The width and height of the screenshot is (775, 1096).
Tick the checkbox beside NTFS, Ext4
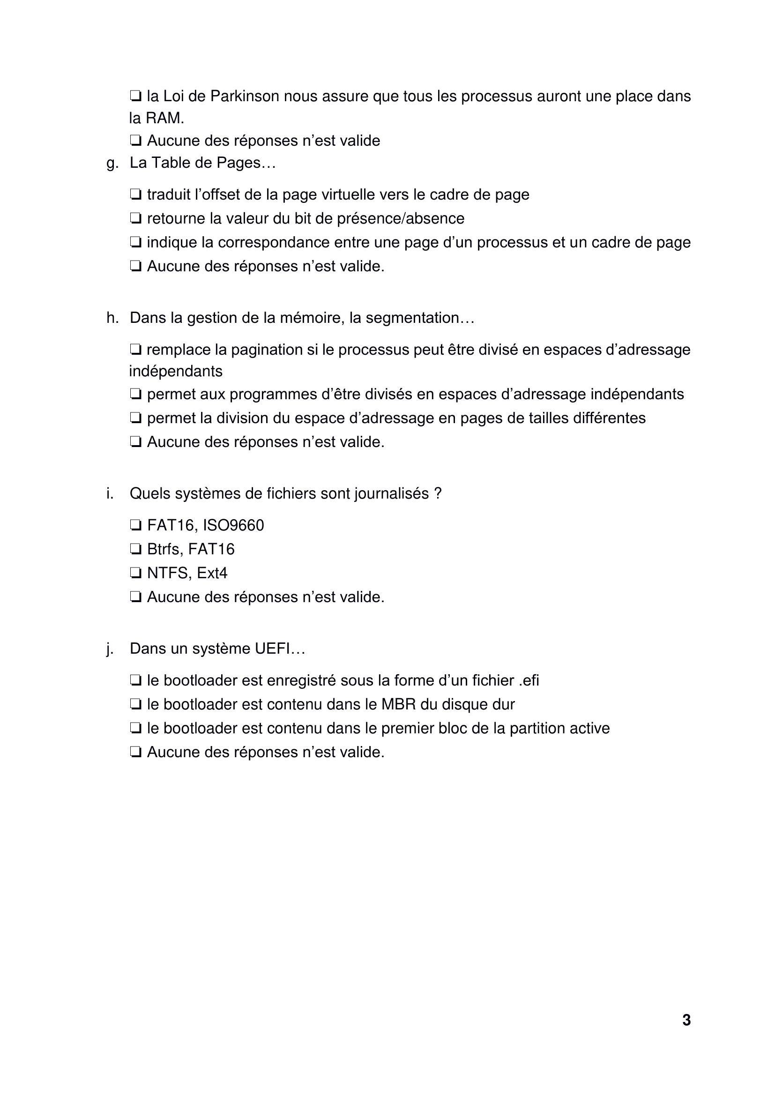coord(135,573)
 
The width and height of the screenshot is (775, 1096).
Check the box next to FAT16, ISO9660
coord(135,526)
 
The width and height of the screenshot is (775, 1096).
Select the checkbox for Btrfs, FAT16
coord(135,550)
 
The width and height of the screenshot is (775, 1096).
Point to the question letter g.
coord(112,164)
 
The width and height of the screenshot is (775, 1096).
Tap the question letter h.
coord(112,318)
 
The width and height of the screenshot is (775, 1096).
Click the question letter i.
coord(110,493)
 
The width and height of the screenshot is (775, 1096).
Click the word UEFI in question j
coord(280,649)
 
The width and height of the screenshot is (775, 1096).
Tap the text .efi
coord(528,681)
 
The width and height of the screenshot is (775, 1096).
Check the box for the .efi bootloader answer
coord(135,681)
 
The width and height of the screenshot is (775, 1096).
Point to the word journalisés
coord(392,493)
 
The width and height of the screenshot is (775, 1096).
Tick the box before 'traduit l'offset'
coord(135,195)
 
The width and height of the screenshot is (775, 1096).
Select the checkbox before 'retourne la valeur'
coord(135,219)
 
